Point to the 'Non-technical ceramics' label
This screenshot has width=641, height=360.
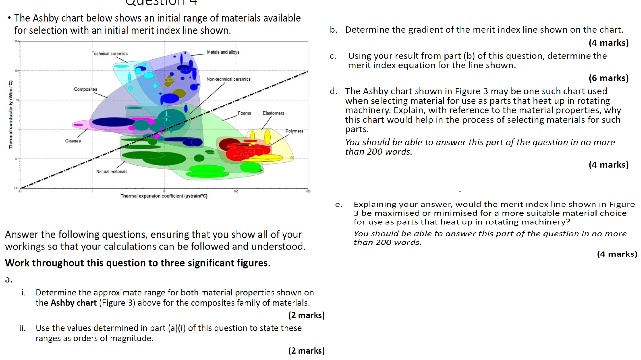point(223,77)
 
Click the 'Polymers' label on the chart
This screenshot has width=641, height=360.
point(294,131)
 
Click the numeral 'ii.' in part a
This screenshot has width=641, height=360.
point(22,326)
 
